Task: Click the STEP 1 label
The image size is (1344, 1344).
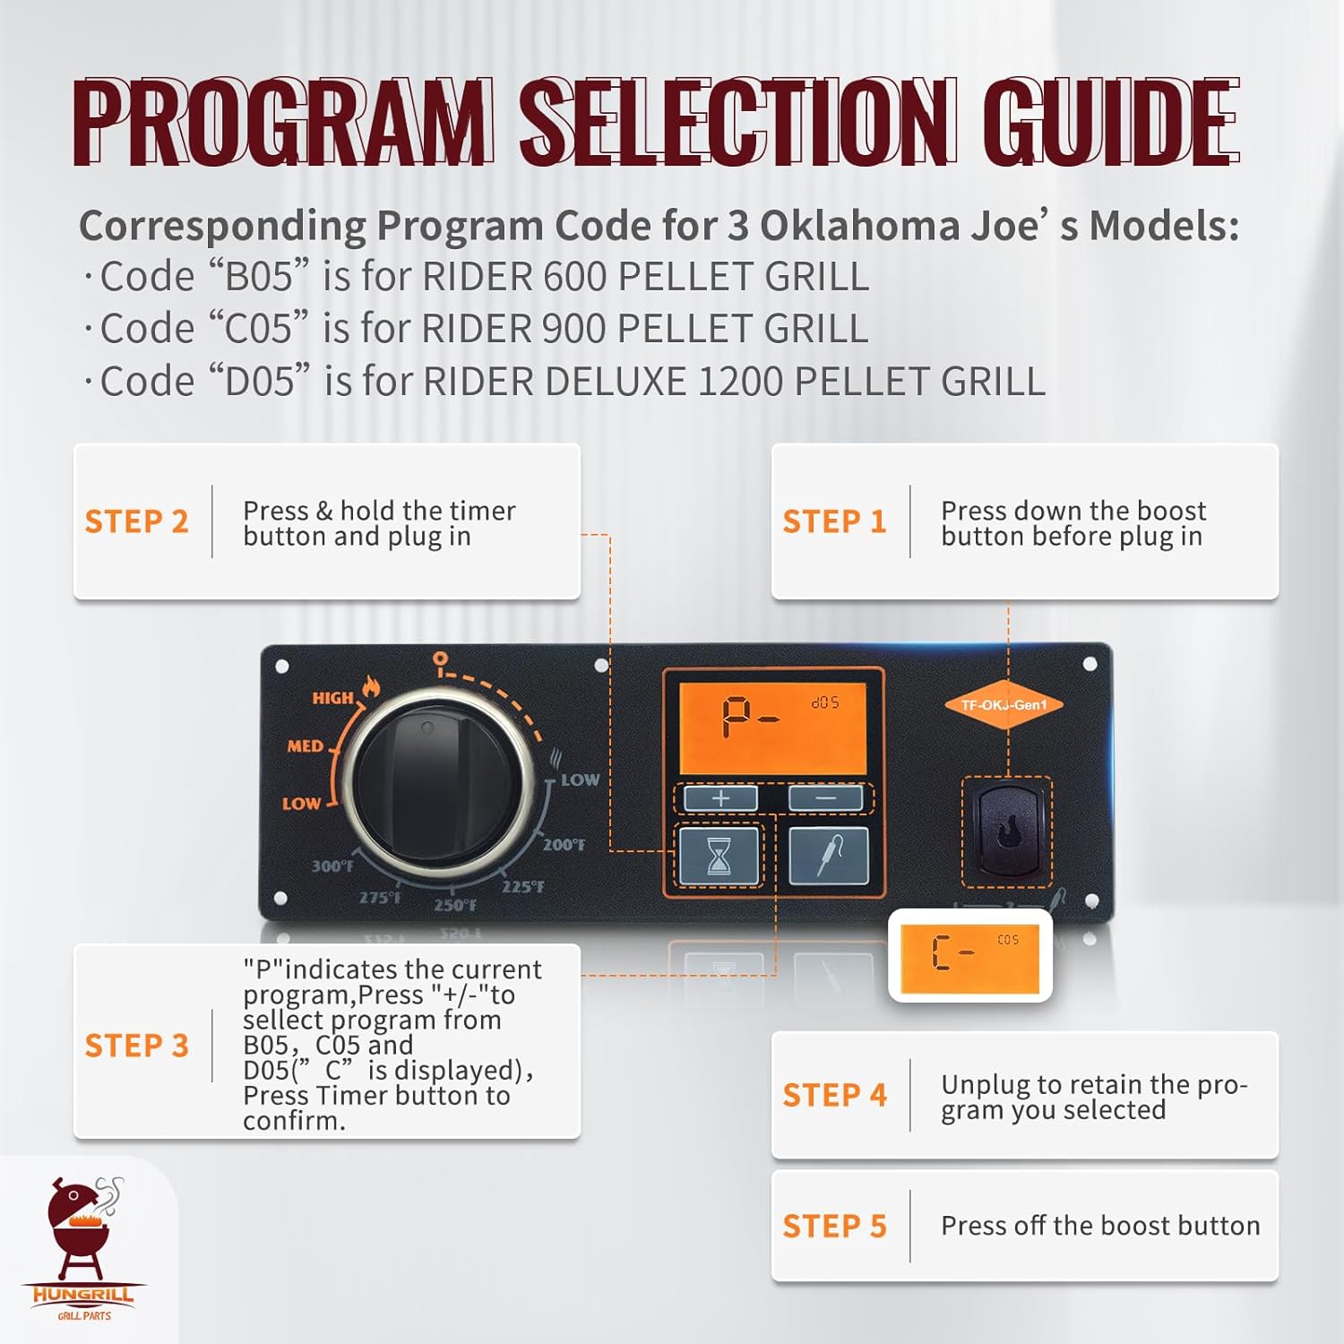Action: pyautogui.click(x=834, y=521)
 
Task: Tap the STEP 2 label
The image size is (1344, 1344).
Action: pyautogui.click(x=136, y=521)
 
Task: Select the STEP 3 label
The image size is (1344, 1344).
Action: pyautogui.click(x=136, y=1046)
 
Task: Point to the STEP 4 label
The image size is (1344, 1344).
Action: pyautogui.click(x=834, y=1095)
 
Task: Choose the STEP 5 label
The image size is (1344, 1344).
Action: pyautogui.click(x=834, y=1226)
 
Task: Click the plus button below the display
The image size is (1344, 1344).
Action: pyautogui.click(x=720, y=797)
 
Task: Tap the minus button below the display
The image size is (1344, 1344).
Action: pyautogui.click(x=825, y=797)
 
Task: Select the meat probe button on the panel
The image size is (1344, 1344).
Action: pyautogui.click(x=829, y=857)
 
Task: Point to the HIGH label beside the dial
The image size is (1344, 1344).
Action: pyautogui.click(x=333, y=697)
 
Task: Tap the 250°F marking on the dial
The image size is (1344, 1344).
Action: pyautogui.click(x=455, y=905)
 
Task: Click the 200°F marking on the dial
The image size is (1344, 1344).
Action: pyautogui.click(x=564, y=844)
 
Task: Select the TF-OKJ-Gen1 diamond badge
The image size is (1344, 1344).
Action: pyautogui.click(x=1004, y=705)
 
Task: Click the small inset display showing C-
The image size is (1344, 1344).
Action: pyautogui.click(x=969, y=955)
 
